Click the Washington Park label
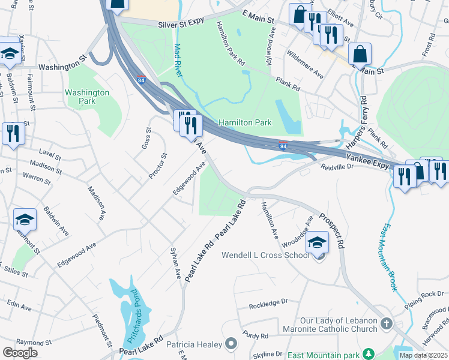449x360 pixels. (87, 97)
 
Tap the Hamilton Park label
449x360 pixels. (245, 123)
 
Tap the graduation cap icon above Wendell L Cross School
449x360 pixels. (318, 241)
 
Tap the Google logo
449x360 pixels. (20, 352)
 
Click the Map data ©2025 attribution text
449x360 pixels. (423, 355)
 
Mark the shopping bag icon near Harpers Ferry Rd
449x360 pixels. (360, 54)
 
